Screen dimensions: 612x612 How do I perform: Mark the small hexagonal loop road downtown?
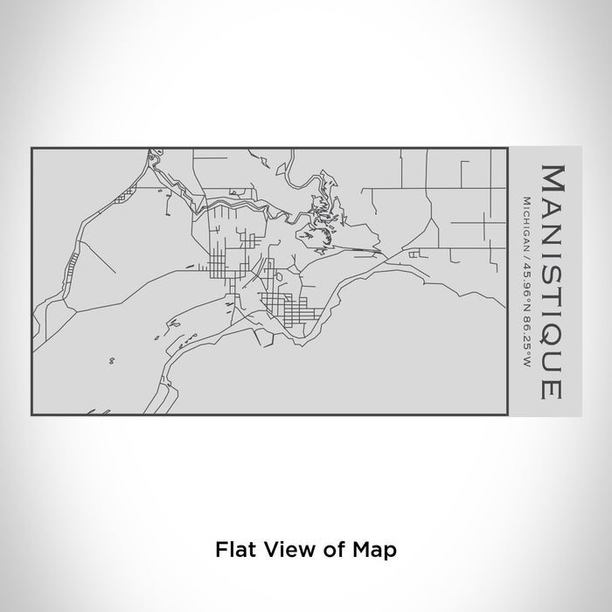[x=279, y=275]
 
